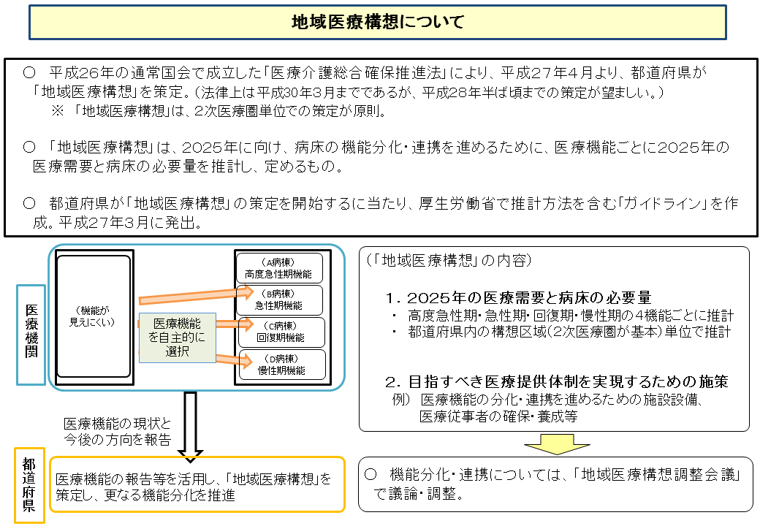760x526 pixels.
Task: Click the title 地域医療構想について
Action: point(378,22)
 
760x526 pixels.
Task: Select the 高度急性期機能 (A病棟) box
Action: point(278,269)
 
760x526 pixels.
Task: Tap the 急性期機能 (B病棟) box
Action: point(278,300)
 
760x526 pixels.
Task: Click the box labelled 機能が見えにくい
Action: point(93,316)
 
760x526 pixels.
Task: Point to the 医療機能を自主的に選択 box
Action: point(178,338)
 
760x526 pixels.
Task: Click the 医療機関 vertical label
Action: point(31,334)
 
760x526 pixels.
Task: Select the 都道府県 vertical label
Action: point(29,484)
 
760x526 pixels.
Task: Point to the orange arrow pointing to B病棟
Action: point(194,296)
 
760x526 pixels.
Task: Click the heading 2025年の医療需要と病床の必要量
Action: point(519,297)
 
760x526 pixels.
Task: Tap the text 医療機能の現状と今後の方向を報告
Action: point(117,432)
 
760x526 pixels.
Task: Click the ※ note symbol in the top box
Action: point(57,112)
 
